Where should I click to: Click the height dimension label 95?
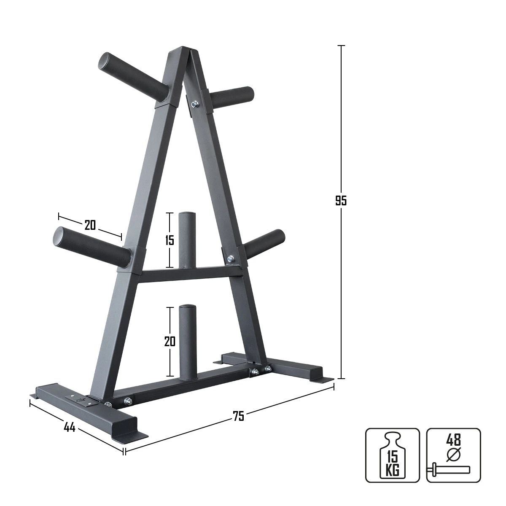(341, 201)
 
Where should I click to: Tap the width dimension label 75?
(238, 416)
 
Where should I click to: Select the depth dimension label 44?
(69, 428)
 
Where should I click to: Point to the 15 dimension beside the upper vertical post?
(169, 240)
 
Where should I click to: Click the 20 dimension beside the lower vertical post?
(170, 341)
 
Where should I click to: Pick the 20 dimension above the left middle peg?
(90, 225)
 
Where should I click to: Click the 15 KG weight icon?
(392, 455)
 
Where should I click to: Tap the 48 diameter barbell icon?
(453, 455)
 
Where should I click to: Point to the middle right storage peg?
(264, 244)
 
